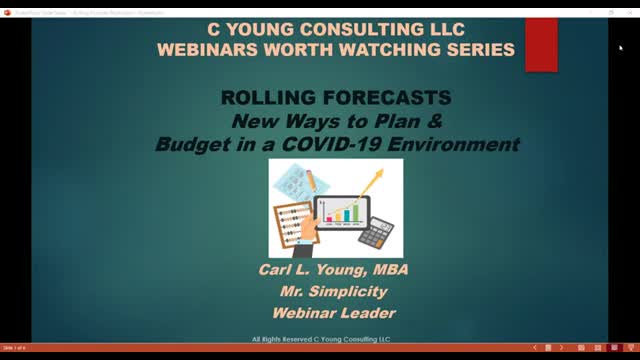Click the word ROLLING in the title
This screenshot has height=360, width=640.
pos(264,98)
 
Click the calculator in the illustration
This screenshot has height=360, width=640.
pos(375,233)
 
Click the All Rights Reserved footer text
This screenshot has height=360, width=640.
pos(320,338)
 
